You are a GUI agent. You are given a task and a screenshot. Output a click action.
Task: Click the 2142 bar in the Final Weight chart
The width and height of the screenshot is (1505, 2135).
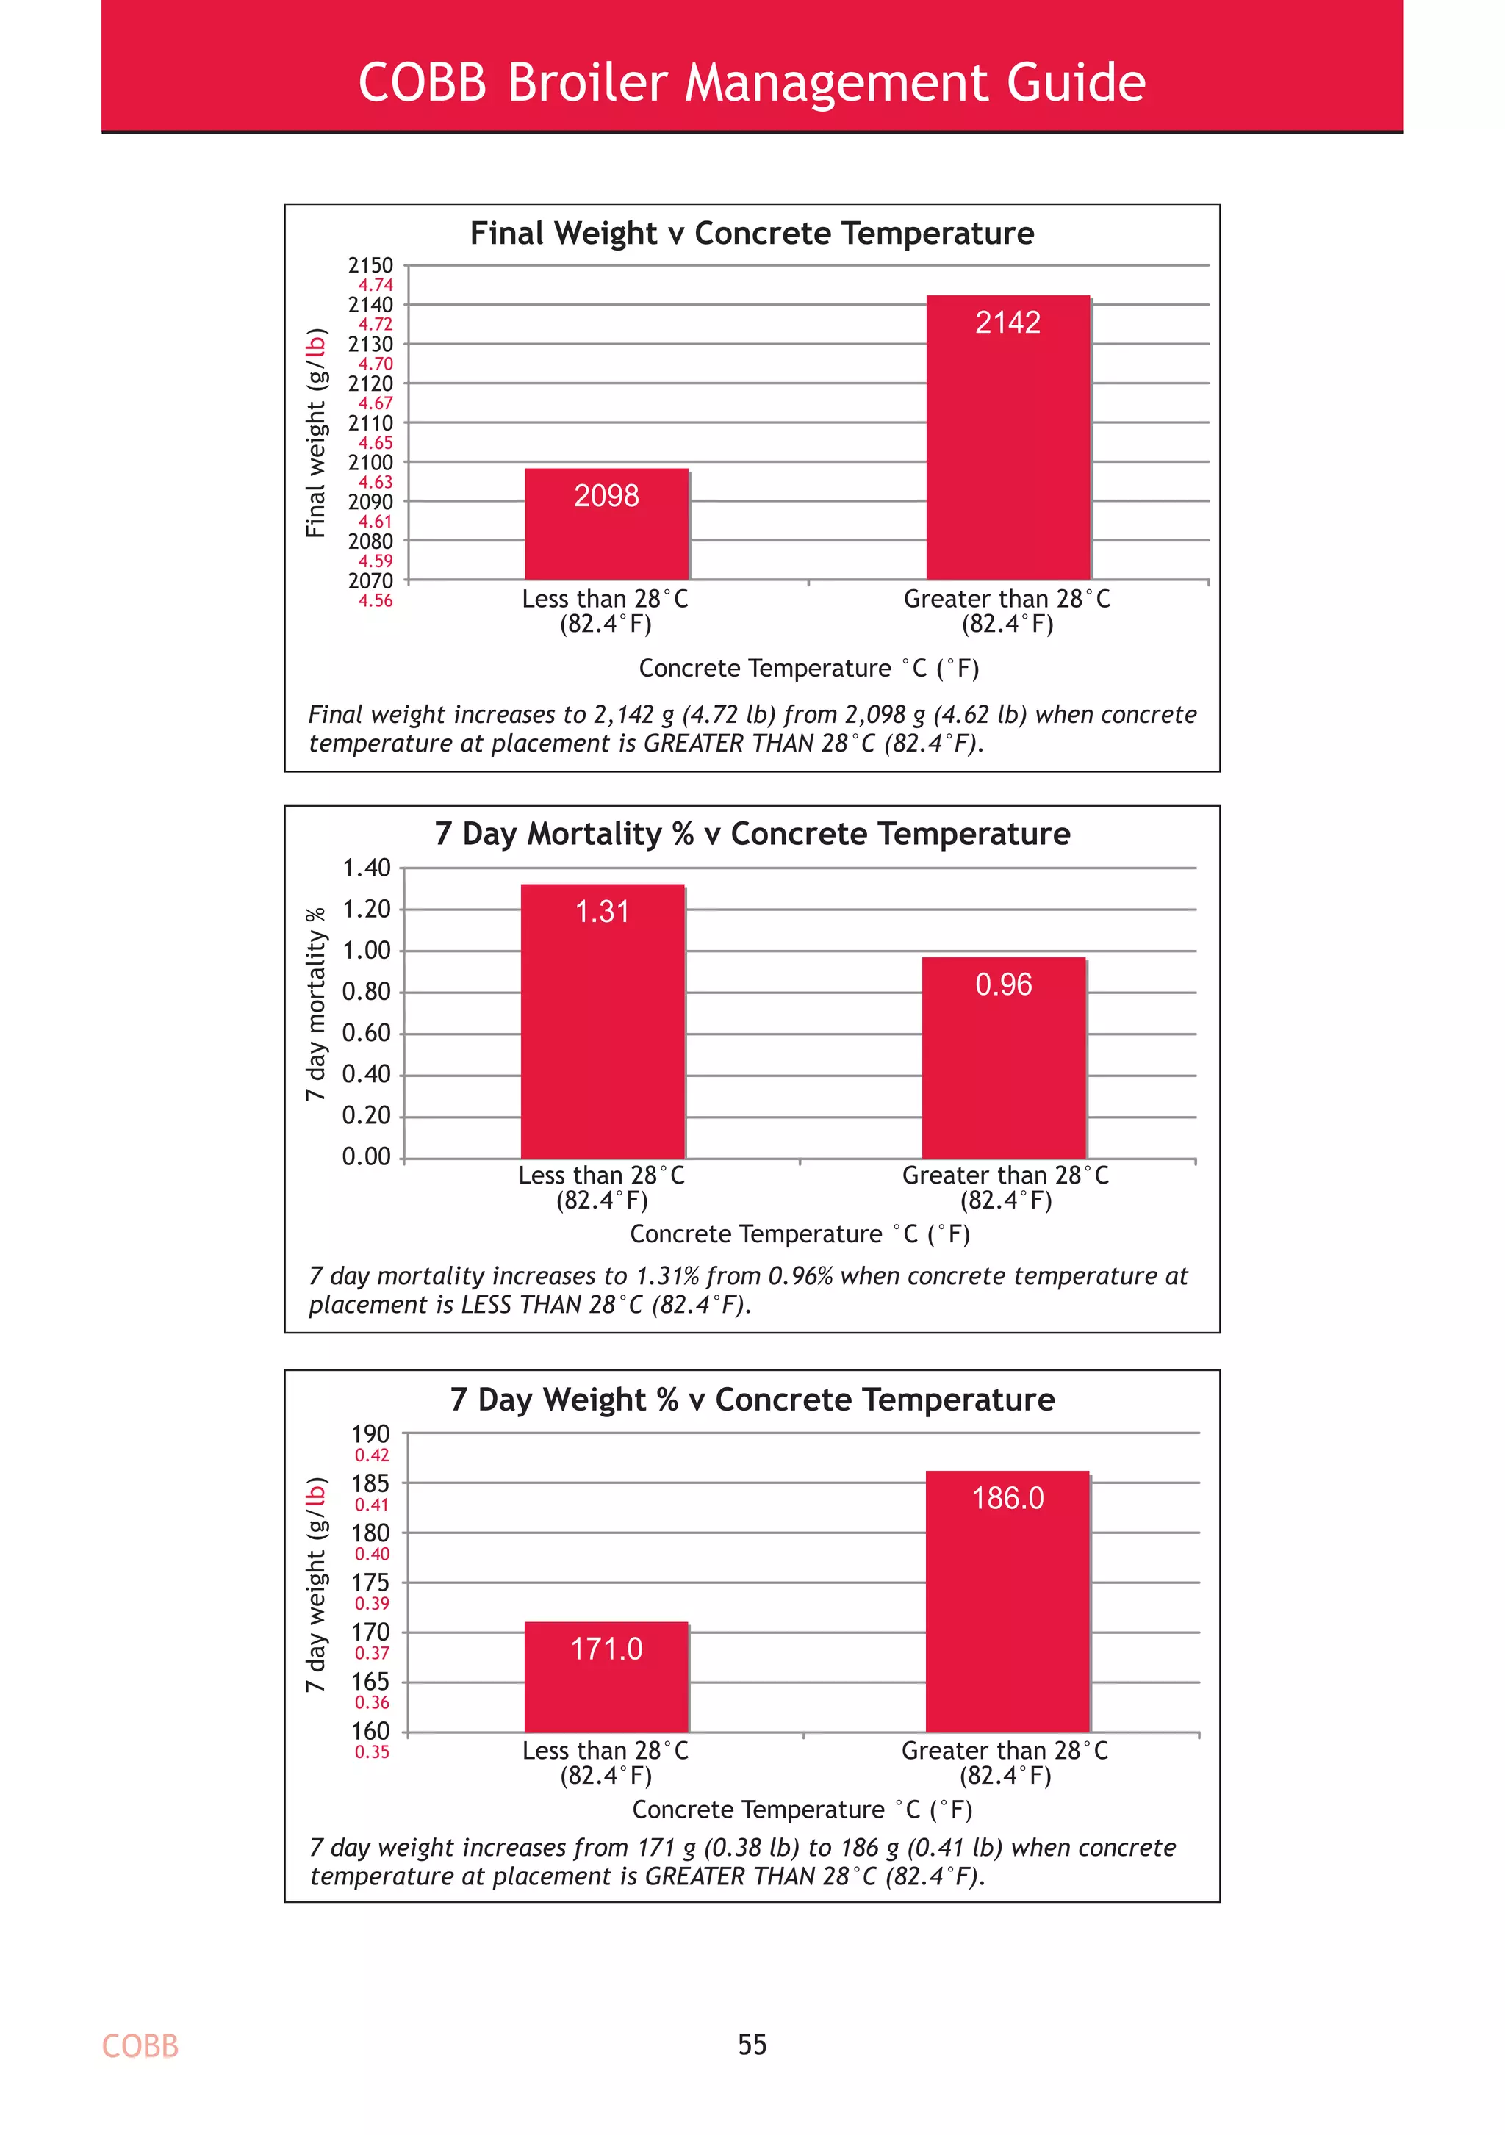pyautogui.click(x=1007, y=437)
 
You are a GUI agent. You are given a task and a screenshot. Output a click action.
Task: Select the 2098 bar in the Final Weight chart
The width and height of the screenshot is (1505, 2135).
pyautogui.click(x=606, y=524)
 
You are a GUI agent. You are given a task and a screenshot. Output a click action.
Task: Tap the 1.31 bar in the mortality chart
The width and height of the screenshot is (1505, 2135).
pyautogui.click(x=603, y=1021)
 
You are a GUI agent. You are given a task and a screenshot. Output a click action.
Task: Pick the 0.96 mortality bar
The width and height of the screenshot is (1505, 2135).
pyautogui.click(x=1004, y=1057)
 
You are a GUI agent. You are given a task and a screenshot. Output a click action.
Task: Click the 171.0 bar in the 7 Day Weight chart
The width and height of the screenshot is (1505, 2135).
pyautogui.click(x=606, y=1677)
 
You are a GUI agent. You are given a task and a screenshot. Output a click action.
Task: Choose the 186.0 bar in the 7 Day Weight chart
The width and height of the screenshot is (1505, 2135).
pyautogui.click(x=1007, y=1602)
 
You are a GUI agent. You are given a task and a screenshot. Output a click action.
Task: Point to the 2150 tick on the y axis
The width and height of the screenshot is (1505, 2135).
pyautogui.click(x=370, y=266)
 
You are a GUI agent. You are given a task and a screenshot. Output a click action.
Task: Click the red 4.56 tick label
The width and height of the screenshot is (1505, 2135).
pyautogui.click(x=376, y=601)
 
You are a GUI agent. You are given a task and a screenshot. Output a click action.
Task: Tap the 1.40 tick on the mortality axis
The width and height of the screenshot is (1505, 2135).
pyautogui.click(x=367, y=868)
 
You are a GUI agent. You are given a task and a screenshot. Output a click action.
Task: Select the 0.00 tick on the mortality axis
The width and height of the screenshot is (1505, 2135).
pyautogui.click(x=367, y=1157)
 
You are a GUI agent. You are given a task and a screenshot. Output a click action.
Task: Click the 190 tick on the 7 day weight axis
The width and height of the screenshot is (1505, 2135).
pyautogui.click(x=370, y=1434)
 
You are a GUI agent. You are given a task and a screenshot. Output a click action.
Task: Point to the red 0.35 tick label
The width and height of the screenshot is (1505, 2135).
pyautogui.click(x=372, y=1752)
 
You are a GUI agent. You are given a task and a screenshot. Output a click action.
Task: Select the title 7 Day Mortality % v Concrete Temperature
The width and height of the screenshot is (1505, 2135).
pyautogui.click(x=752, y=834)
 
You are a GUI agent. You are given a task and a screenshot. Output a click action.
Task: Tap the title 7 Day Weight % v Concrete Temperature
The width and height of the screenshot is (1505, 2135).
pyautogui.click(x=752, y=1400)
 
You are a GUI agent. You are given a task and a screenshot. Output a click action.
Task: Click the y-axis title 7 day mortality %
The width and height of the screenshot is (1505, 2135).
pyautogui.click(x=316, y=1004)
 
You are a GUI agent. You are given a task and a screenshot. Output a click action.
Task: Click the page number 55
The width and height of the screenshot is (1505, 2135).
pyautogui.click(x=752, y=2045)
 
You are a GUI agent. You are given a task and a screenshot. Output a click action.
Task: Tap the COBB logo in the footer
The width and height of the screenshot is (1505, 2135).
pyautogui.click(x=140, y=2045)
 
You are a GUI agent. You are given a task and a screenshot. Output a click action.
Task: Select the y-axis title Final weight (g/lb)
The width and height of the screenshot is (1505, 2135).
pyautogui.click(x=316, y=433)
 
